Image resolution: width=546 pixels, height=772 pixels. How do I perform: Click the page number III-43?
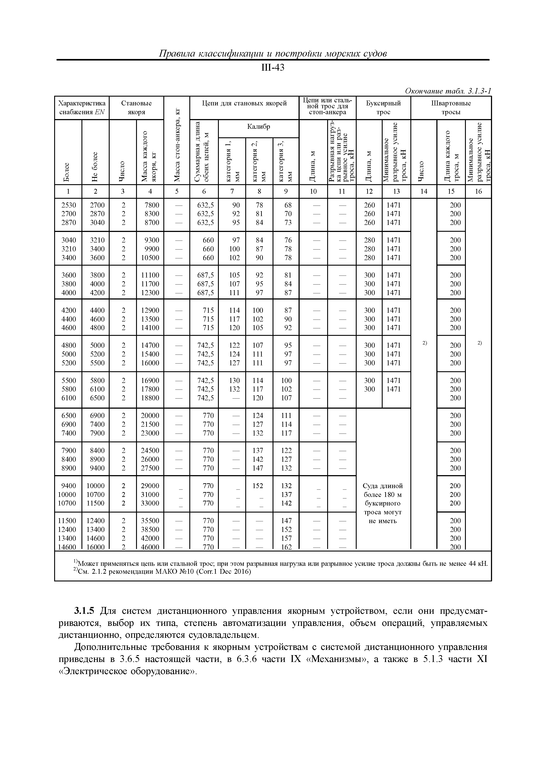(x=273, y=68)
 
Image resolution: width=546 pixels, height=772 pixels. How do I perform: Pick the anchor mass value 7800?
(x=150, y=205)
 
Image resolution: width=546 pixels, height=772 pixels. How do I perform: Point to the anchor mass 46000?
(x=150, y=547)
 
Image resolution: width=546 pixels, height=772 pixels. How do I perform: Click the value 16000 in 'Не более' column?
(x=96, y=547)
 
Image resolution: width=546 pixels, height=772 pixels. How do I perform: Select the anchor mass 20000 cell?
(x=150, y=415)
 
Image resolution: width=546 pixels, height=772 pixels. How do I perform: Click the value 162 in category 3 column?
(x=286, y=547)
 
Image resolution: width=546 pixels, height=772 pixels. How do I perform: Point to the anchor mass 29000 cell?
(x=150, y=486)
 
